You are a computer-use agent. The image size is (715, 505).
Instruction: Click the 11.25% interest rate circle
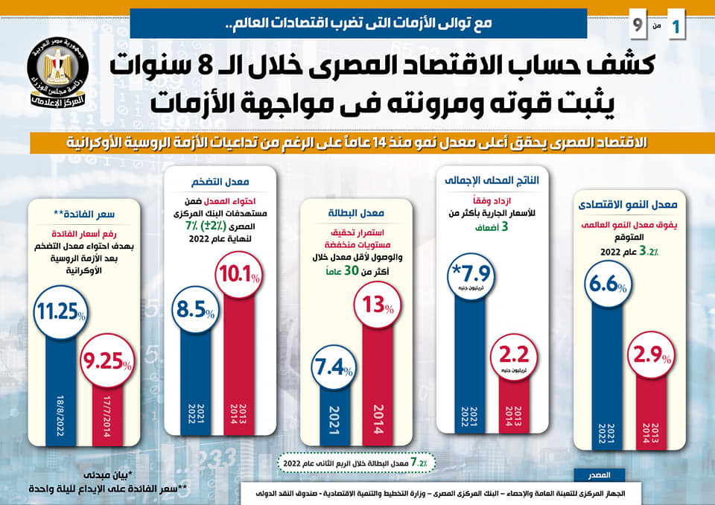(58, 312)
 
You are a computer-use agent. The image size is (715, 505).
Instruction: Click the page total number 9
(638, 25)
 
